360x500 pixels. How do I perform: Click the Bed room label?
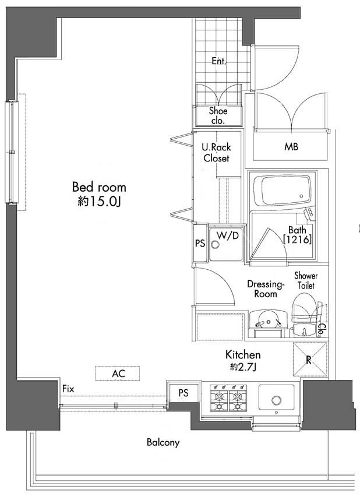99,187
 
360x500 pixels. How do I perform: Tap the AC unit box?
117,373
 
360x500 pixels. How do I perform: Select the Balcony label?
163,442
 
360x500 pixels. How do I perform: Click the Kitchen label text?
243,354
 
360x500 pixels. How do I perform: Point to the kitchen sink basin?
276,397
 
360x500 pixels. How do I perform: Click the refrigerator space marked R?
310,360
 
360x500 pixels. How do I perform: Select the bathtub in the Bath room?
282,191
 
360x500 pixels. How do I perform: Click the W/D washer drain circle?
216,245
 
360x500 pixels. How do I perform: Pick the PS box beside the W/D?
200,243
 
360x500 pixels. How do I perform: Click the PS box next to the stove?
183,393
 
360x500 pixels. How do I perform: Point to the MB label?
291,146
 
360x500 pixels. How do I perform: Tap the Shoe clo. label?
218,116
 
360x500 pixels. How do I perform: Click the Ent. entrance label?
219,61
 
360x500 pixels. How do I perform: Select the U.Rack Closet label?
216,153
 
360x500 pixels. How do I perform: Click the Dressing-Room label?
265,288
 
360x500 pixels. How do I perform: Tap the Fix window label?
68,389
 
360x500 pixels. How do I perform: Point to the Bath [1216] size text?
297,234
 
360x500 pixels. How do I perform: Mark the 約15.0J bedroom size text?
99,201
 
